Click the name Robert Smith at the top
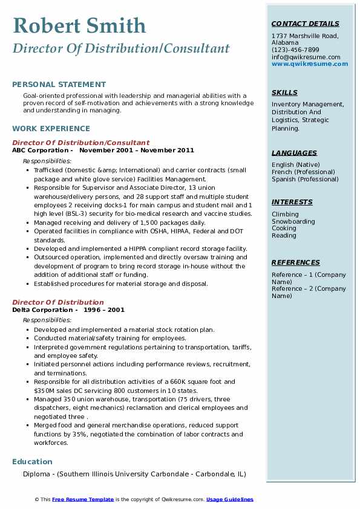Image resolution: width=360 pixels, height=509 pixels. [79, 25]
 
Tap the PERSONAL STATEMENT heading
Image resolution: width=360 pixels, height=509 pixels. [59, 85]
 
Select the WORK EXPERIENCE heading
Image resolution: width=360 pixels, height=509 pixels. [51, 128]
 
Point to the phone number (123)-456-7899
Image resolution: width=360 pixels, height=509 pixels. [295, 50]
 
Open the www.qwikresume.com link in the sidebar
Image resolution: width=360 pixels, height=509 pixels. [306, 63]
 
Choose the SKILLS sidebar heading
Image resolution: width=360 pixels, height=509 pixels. [284, 92]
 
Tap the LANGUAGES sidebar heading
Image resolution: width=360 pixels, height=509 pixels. [294, 153]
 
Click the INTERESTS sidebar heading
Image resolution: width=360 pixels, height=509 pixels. [292, 202]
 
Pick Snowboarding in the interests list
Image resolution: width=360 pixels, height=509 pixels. [293, 221]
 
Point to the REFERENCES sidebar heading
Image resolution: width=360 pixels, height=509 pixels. [295, 262]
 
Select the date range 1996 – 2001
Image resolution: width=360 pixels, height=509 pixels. [103, 310]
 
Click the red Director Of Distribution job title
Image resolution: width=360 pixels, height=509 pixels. [58, 302]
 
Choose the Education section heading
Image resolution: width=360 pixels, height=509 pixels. [32, 461]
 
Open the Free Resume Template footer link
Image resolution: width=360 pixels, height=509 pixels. [83, 499]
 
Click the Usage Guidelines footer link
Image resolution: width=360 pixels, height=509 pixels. [230, 499]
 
